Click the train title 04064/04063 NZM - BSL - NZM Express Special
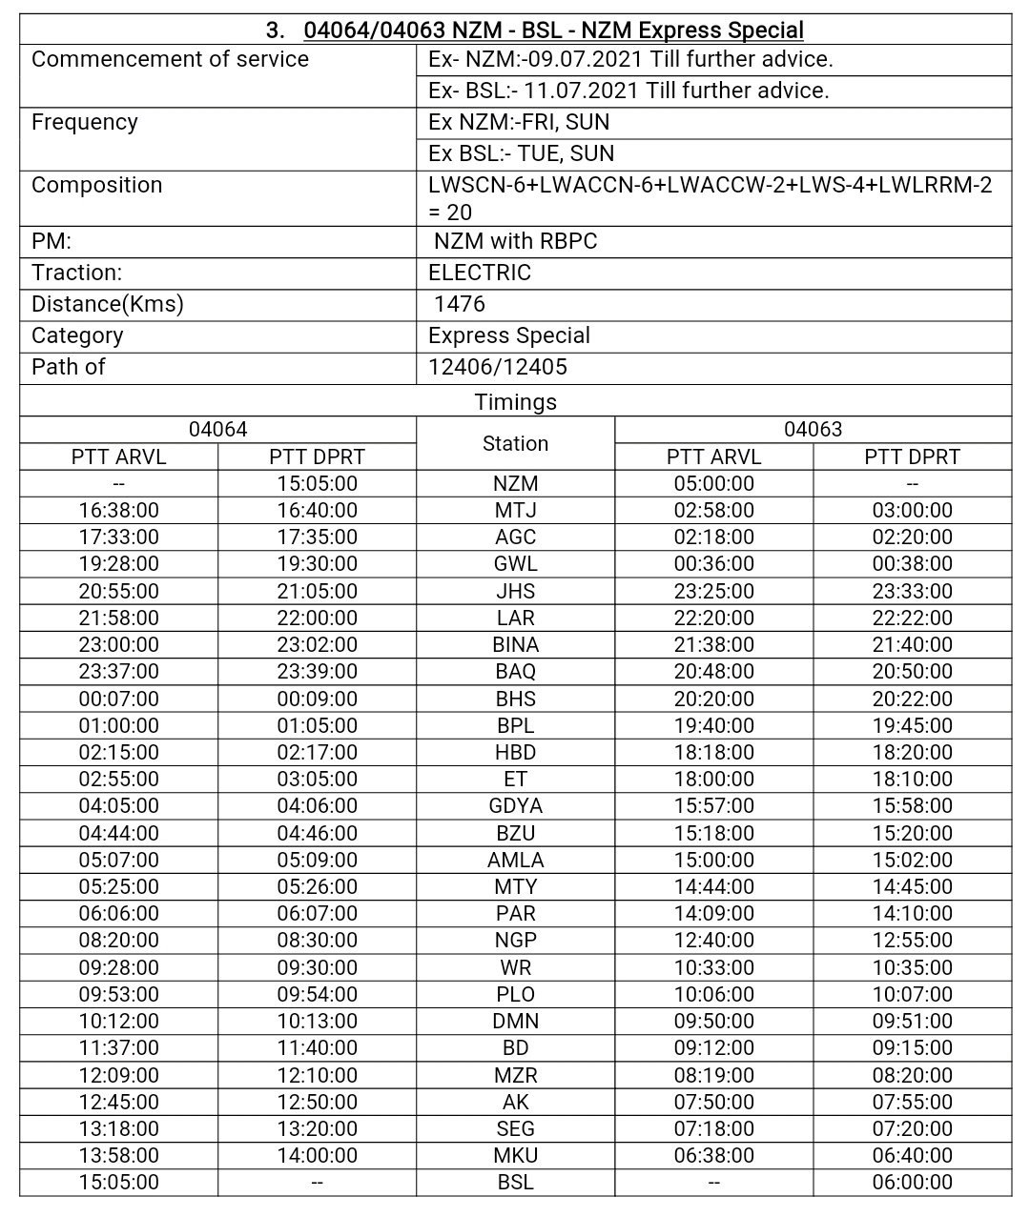tap(553, 30)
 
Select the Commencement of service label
tap(170, 59)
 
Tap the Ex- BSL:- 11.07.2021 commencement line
tap(628, 91)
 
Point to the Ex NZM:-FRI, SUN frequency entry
tap(519, 122)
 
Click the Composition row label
tap(96, 185)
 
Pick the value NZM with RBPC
tap(515, 241)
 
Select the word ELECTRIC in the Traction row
tap(479, 273)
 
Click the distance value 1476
tap(459, 304)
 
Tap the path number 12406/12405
tap(497, 367)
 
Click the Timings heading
tap(515, 402)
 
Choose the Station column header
tap(515, 444)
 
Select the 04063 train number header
tap(813, 430)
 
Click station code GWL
tap(515, 564)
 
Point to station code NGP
tap(515, 941)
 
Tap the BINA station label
tap(515, 645)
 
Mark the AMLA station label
tap(515, 861)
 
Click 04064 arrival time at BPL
tap(118, 726)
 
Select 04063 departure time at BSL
tap(912, 1183)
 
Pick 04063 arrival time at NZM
tap(713, 484)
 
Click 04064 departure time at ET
tap(317, 780)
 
